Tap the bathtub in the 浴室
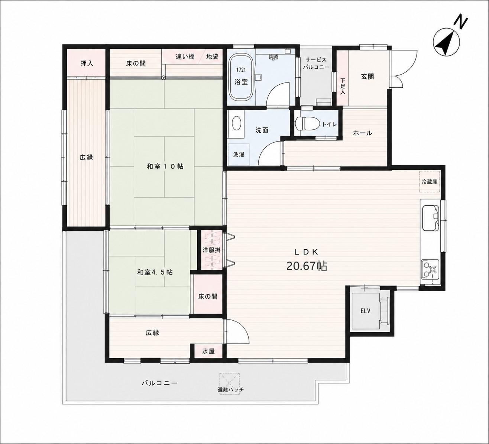tap(241, 78)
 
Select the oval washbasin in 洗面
tap(236, 124)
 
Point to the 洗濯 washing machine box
tap(239, 154)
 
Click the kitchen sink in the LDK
tap(431, 218)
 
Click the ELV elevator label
tap(365, 311)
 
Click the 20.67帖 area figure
tap(307, 266)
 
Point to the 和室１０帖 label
tap(165, 166)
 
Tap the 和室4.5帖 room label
tap(155, 272)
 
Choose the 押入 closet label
tap(87, 64)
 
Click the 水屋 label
tap(208, 351)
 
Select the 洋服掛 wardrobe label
tap(211, 250)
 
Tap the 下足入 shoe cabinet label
tap(343, 86)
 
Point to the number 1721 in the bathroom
tap(241, 70)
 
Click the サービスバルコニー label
tap(316, 64)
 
